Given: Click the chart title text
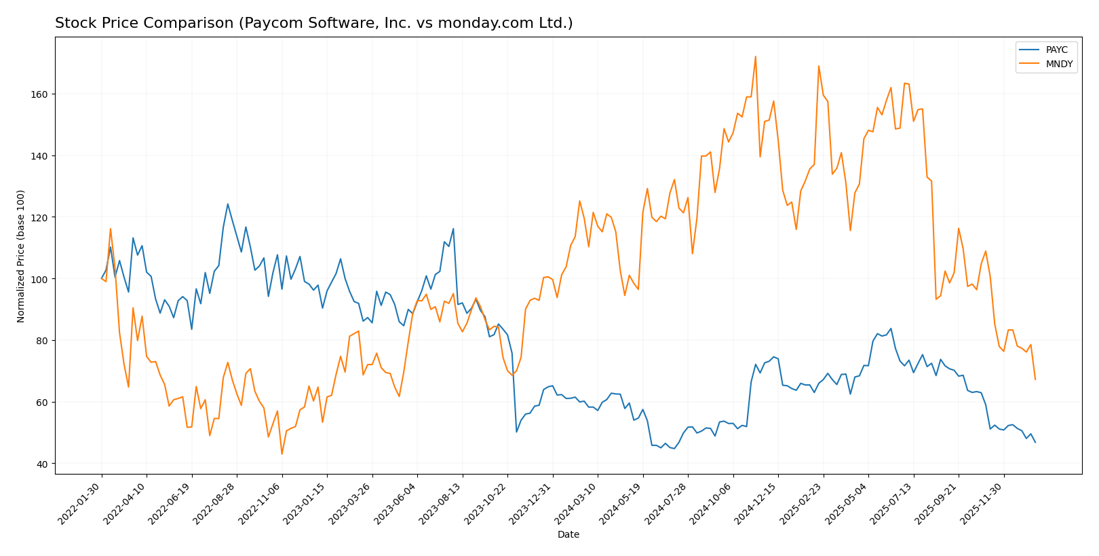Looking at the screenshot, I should [313, 24].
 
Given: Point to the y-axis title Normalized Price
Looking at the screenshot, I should [21, 256].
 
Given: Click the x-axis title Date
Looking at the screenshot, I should [568, 535].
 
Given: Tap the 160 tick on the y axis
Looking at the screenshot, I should [40, 94].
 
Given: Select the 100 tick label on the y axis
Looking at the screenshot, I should [40, 279].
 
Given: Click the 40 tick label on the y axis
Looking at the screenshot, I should [42, 464].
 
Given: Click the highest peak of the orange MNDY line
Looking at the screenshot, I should [755, 57].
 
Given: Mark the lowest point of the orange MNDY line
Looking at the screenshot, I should [282, 454].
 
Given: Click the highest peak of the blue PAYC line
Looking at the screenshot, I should [227, 204].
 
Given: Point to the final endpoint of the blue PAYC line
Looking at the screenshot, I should [1035, 443].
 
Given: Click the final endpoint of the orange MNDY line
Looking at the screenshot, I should [1035, 379].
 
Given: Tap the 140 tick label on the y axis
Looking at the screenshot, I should [40, 156].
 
